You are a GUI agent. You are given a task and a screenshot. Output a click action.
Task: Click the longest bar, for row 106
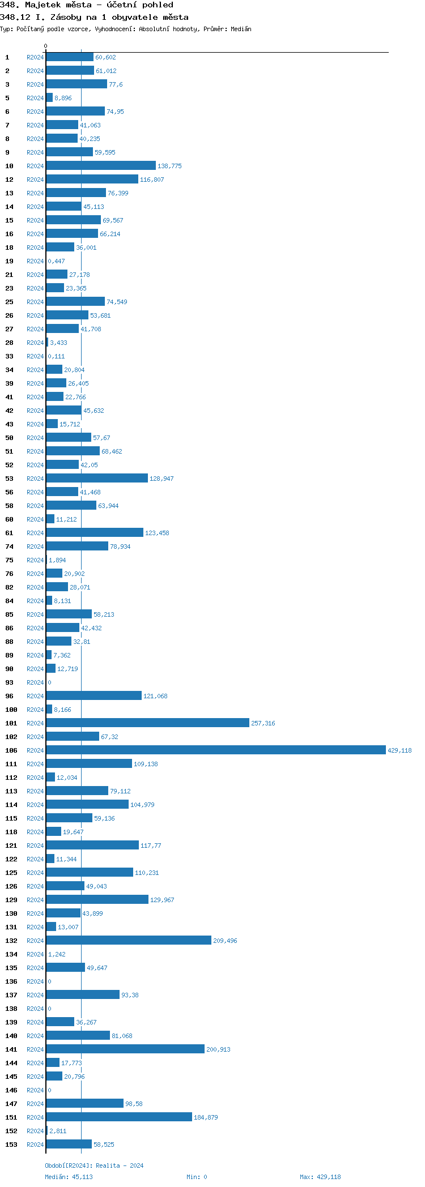[x=215, y=750]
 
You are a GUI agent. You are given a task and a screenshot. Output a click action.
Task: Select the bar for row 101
[x=147, y=723]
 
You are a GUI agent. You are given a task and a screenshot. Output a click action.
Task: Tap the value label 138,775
[x=169, y=166]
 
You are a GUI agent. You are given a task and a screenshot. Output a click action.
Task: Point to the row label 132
[x=11, y=941]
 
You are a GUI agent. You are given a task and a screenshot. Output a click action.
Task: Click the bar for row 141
[x=125, y=1049]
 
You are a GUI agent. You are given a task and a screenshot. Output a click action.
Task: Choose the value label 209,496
[x=225, y=941]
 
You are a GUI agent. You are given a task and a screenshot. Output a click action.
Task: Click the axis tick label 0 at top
[x=46, y=46]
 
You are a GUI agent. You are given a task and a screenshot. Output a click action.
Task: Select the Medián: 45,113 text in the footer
[x=69, y=1177]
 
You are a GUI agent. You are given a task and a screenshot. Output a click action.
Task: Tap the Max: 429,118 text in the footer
[x=320, y=1177]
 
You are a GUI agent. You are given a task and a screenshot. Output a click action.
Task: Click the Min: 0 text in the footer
[x=197, y=1177]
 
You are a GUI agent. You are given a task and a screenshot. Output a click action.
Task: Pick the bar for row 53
[x=97, y=478]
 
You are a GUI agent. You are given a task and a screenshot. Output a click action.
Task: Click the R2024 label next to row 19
[x=35, y=261]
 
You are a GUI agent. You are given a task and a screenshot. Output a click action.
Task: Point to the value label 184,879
[x=206, y=1117]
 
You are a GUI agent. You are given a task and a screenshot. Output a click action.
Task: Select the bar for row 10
[x=101, y=165]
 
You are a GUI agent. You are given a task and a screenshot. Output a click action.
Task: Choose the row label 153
[x=11, y=1145]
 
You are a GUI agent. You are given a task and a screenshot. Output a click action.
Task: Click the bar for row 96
[x=93, y=695]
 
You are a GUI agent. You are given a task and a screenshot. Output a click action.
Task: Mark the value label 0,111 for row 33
[x=56, y=356]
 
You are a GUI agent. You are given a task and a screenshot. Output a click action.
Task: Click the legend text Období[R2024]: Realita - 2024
[x=94, y=1165]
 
